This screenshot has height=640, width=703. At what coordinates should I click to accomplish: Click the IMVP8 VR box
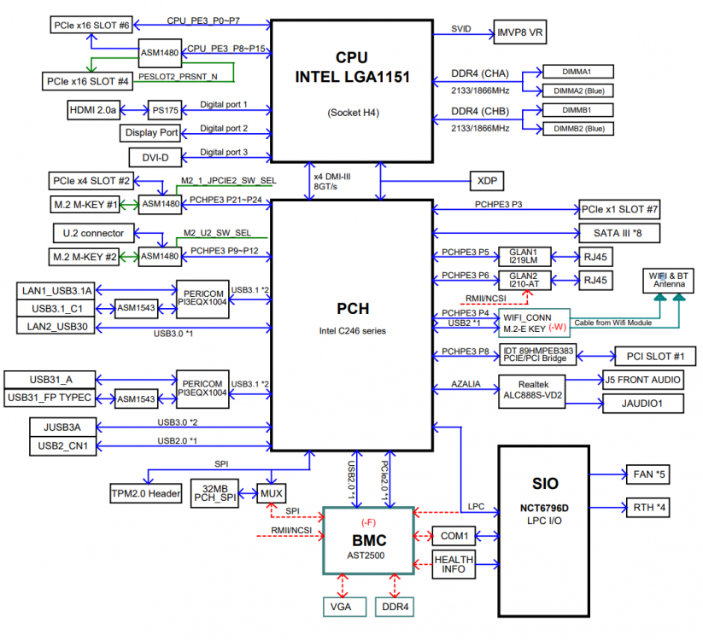pyautogui.click(x=519, y=32)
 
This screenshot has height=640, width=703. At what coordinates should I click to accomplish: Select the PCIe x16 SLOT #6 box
pyautogui.click(x=91, y=25)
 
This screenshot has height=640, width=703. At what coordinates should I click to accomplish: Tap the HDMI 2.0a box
pyautogui.click(x=94, y=110)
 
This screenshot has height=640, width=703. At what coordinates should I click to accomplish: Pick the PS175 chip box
pyautogui.click(x=165, y=110)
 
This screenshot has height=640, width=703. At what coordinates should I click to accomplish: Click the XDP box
pyautogui.click(x=487, y=181)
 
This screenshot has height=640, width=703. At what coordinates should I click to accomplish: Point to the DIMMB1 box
pyautogui.click(x=578, y=110)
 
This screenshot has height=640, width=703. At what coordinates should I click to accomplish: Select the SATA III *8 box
pyautogui.click(x=619, y=233)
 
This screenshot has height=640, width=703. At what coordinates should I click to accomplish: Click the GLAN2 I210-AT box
pyautogui.click(x=524, y=281)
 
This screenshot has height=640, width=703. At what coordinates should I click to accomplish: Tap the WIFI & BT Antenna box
pyautogui.click(x=668, y=281)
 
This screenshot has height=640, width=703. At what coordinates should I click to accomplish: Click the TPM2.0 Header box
pyautogui.click(x=146, y=493)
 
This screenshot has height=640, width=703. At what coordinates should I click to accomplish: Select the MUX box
pyautogui.click(x=272, y=493)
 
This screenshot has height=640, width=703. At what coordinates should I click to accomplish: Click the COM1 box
pyautogui.click(x=454, y=536)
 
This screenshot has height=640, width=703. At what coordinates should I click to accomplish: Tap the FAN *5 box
pyautogui.click(x=647, y=474)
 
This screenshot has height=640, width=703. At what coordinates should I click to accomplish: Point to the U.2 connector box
pyautogui.click(x=93, y=233)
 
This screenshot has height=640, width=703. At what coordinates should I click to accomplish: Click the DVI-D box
pyautogui.click(x=155, y=158)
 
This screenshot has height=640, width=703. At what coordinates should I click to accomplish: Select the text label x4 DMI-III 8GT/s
pyautogui.click(x=332, y=182)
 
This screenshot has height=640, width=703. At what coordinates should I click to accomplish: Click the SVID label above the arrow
pyautogui.click(x=461, y=29)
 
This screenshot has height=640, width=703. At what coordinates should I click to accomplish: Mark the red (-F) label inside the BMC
pyautogui.click(x=368, y=522)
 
